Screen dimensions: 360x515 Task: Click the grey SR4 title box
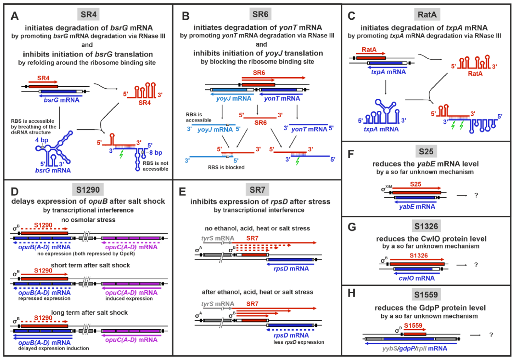[88, 15]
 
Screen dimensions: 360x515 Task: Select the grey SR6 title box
[260, 14]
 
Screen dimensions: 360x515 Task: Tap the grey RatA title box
[427, 15]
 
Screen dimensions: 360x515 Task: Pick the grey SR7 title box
[257, 189]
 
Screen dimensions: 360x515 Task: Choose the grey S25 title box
[426, 152]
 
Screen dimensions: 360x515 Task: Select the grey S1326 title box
[426, 226]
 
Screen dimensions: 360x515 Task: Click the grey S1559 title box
[426, 295]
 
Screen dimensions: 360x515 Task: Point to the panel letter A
[15, 16]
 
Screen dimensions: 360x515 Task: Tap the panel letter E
[183, 192]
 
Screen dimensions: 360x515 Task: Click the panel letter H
[351, 294]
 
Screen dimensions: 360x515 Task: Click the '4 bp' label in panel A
[42, 140]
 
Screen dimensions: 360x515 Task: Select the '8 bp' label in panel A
[155, 153]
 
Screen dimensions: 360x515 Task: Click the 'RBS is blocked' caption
[226, 167]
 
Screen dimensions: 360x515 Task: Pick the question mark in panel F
[476, 195]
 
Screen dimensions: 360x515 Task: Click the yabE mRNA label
[417, 206]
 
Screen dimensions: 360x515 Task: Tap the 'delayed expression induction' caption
[54, 348]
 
